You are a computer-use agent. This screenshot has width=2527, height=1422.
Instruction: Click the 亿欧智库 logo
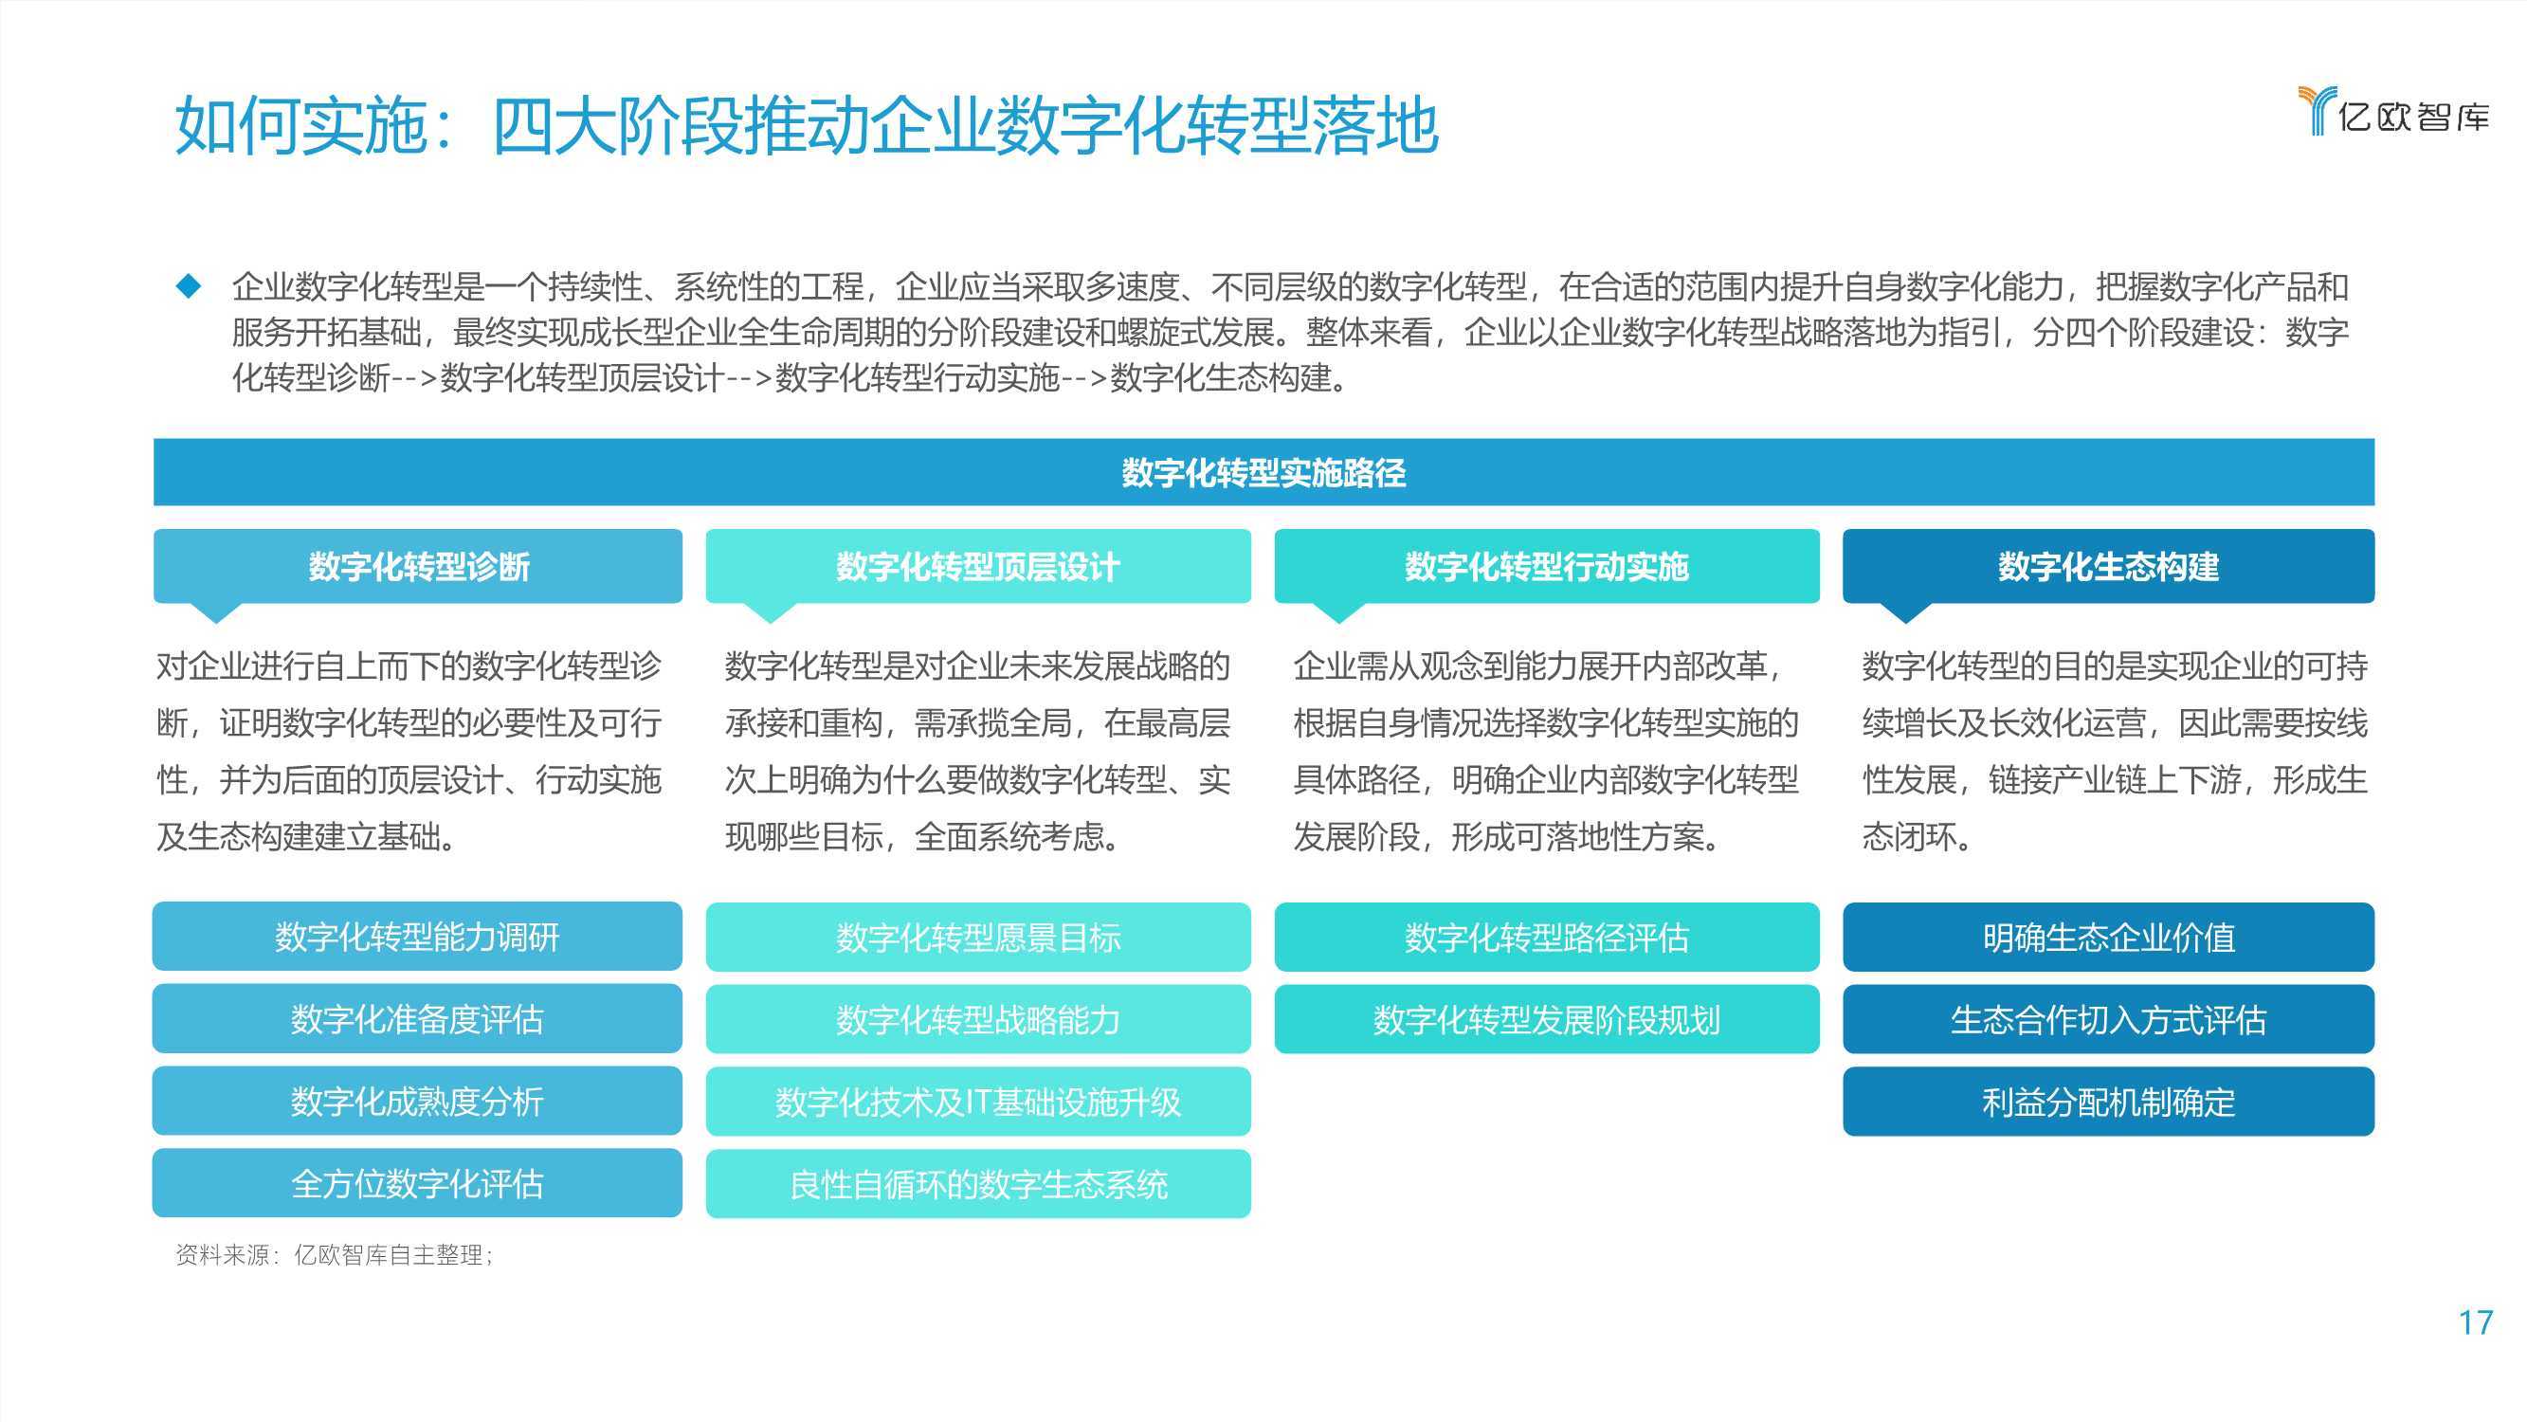coord(2393,111)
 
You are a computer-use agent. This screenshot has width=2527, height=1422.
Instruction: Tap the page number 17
coord(2475,1322)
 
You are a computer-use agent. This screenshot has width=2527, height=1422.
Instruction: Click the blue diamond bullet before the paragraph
coord(189,286)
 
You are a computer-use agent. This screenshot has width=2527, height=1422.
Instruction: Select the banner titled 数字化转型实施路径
coord(1263,472)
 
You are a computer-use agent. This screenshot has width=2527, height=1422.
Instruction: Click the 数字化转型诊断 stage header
coord(418,566)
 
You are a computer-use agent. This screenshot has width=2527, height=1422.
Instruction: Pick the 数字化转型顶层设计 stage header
coord(978,566)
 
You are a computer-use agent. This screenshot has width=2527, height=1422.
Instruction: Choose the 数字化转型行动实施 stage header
coord(1547,566)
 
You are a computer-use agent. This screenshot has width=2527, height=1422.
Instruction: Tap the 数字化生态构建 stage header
coord(2108,566)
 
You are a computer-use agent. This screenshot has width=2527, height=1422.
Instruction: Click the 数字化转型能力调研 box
coord(417,937)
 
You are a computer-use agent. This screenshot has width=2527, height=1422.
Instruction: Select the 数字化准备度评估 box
coord(417,1019)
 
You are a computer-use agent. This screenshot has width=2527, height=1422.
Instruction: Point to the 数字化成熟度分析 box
coord(417,1101)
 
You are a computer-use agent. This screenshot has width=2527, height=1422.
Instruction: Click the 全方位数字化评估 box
coord(417,1183)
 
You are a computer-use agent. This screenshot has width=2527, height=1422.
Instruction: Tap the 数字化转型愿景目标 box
coord(978,938)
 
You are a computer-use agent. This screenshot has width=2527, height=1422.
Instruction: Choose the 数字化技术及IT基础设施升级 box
coord(978,1103)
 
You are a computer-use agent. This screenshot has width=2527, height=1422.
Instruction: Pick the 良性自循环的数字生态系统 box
coord(978,1184)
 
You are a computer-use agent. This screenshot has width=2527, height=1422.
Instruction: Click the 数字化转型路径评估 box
coord(1547,938)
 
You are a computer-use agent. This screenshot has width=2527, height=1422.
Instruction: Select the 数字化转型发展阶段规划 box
coord(1547,1020)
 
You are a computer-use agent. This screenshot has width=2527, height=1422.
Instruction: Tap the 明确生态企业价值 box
coord(2108,938)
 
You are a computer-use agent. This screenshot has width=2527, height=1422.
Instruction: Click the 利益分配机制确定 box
coord(2108,1103)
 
